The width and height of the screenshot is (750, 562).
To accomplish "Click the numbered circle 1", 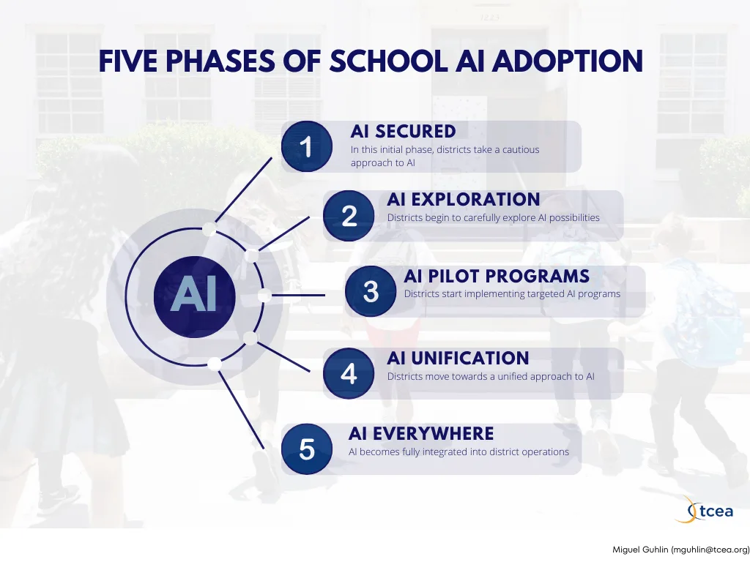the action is click(307, 146).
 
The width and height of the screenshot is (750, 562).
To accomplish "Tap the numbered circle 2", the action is click(348, 216).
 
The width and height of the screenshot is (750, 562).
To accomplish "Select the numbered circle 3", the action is click(371, 291).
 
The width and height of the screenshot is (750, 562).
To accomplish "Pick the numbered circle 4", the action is click(348, 373).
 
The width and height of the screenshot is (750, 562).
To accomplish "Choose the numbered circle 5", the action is click(307, 449).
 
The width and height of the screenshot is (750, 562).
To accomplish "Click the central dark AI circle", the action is click(195, 296).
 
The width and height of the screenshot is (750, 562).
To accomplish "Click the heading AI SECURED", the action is click(404, 132).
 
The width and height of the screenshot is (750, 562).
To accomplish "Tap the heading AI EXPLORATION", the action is click(464, 199).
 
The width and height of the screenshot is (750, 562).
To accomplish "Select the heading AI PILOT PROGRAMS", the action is click(497, 276).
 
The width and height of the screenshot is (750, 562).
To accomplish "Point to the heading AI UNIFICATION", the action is click(458, 358).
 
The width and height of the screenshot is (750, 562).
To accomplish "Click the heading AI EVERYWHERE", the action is click(421, 433).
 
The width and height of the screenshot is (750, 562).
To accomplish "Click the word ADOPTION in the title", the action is click(568, 61).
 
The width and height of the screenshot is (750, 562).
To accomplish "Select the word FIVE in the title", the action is click(127, 61).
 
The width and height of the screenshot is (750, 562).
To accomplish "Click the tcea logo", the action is click(705, 509).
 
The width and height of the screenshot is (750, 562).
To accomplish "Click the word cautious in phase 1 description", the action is click(521, 149).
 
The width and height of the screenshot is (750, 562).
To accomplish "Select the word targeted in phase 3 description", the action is click(546, 294).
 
